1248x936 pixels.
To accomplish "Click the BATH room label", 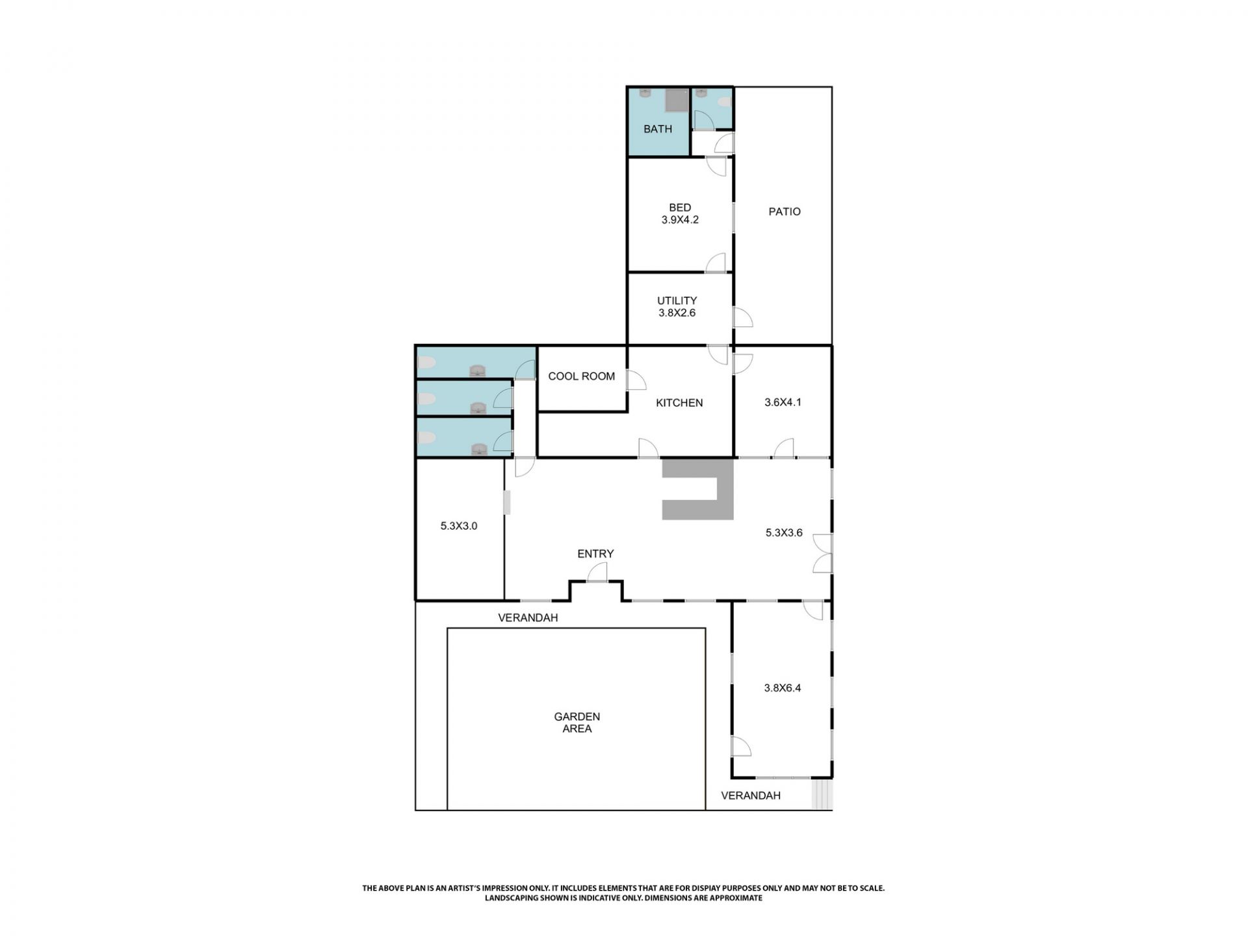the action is [657, 129].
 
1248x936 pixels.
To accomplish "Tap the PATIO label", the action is [784, 211].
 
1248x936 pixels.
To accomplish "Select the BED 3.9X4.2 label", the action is [680, 214].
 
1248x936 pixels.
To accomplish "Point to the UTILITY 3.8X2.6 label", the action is [677, 306].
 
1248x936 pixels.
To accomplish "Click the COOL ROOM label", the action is [581, 376].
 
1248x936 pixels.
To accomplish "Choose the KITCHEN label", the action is [679, 403].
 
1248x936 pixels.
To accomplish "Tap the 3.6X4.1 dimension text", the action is [783, 402].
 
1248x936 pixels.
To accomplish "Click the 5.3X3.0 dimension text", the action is [459, 526].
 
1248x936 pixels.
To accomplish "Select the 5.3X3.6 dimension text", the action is [784, 533].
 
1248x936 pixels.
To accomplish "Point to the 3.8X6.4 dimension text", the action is [782, 688].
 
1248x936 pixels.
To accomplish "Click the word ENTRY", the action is [595, 554].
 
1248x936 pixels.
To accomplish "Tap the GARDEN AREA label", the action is [577, 723].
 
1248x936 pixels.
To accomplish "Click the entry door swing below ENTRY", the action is [597, 573].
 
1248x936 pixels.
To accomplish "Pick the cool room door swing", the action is [636, 380].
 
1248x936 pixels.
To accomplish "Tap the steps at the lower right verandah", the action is [822, 795].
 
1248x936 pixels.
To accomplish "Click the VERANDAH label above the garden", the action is [528, 618].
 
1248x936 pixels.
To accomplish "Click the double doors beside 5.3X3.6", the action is [822, 554].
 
